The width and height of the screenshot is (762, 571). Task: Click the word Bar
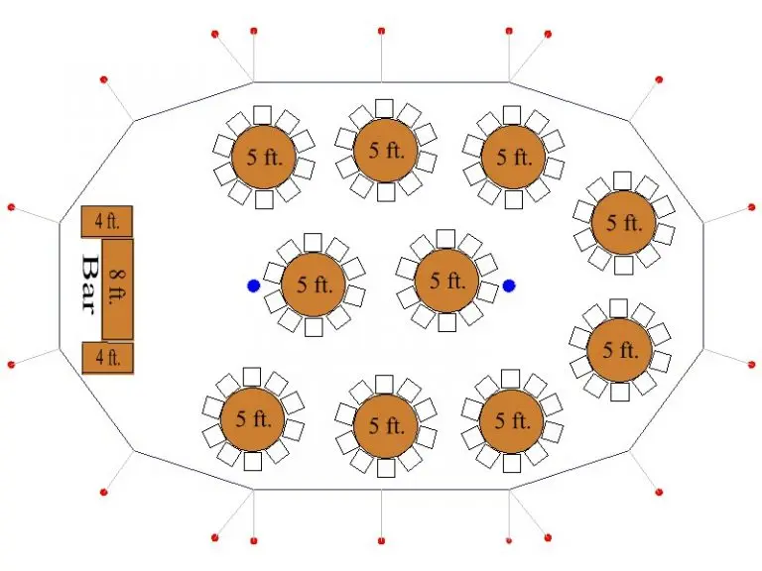click(88, 285)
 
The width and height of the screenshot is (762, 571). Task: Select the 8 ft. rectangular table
click(117, 288)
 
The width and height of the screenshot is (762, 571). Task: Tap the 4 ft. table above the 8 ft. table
click(106, 221)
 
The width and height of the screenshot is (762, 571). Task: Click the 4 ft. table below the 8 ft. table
click(107, 358)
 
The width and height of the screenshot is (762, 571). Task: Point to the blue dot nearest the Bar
click(254, 285)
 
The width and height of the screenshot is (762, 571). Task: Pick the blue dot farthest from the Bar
click(509, 285)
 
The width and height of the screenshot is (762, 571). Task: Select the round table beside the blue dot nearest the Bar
click(314, 285)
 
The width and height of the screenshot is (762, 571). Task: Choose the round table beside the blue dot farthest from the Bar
click(446, 281)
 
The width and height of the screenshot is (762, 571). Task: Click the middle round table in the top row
click(386, 150)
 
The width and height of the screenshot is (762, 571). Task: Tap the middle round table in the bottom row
click(386, 425)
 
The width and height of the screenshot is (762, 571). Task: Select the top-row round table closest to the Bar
click(264, 157)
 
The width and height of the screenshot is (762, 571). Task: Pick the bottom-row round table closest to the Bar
click(253, 418)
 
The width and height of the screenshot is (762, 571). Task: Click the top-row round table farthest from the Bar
click(513, 157)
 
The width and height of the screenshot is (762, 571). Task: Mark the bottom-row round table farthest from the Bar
click(511, 420)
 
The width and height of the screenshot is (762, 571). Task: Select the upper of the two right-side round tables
click(623, 223)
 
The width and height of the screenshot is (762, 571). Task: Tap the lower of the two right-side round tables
click(619, 350)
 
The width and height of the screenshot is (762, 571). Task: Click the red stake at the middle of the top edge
click(381, 31)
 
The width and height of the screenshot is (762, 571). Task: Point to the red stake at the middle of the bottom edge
click(381, 540)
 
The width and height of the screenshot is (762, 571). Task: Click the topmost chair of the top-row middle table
click(384, 109)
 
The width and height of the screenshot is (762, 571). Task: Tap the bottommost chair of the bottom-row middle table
click(386, 468)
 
